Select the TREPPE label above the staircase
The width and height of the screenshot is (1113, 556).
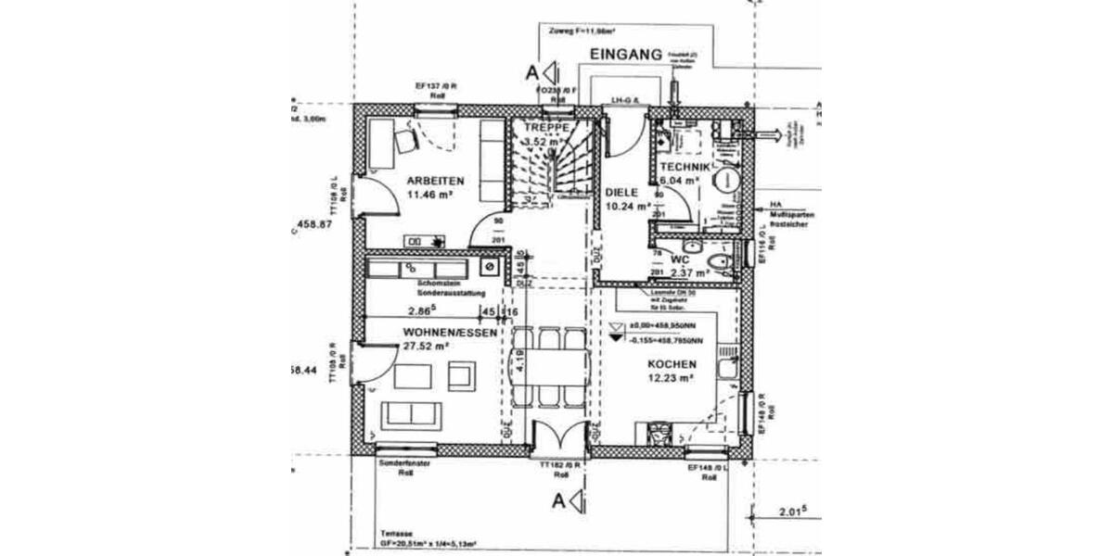point(546,127)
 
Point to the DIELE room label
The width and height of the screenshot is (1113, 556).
point(622,192)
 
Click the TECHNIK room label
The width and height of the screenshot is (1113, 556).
point(684,167)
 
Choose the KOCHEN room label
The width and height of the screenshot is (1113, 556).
point(672,364)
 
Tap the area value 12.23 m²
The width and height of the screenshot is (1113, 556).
point(672,378)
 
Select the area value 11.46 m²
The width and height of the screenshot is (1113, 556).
point(429,195)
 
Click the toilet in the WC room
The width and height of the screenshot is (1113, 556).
point(718,265)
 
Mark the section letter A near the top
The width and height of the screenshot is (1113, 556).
point(531,71)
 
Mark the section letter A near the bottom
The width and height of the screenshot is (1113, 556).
point(559,501)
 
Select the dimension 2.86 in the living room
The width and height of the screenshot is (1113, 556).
point(423,311)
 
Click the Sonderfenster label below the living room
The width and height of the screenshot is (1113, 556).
point(405,465)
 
